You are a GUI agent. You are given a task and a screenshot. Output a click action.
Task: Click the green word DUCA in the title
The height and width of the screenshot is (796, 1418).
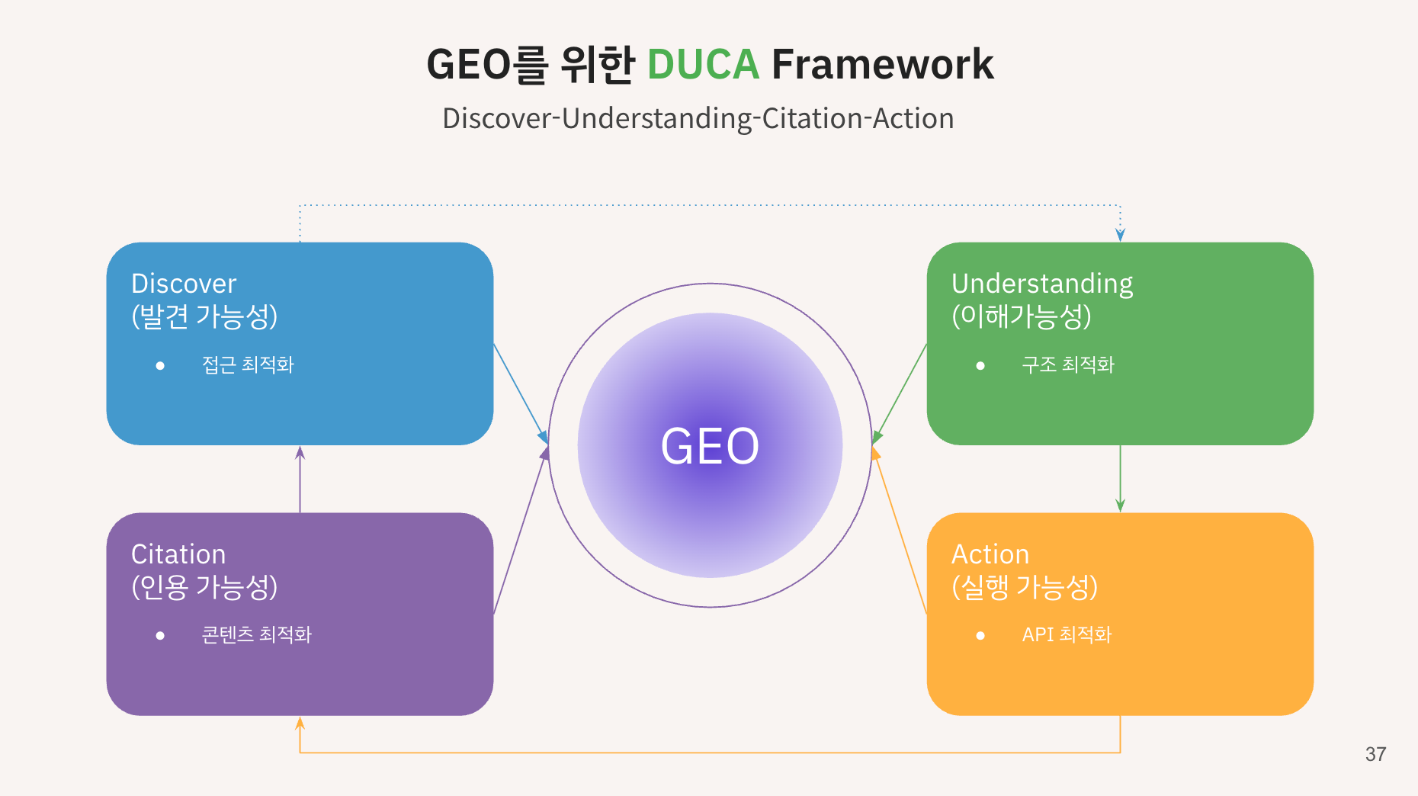coord(703,64)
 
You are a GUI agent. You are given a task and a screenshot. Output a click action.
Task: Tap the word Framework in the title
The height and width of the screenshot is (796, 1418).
coord(883,64)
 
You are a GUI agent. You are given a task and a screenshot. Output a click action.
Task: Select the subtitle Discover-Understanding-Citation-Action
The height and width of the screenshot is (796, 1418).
coord(698,119)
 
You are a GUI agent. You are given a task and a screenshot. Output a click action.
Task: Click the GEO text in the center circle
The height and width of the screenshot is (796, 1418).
coord(710,446)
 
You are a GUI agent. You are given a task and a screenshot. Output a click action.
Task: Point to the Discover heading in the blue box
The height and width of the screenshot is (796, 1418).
coord(184,284)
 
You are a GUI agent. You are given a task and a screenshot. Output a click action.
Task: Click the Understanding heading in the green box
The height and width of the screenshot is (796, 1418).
coord(1042,284)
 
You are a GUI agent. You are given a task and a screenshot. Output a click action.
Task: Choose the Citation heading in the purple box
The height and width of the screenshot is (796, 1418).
coord(178,554)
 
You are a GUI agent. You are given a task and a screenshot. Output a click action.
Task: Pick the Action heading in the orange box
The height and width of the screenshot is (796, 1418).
coord(990,554)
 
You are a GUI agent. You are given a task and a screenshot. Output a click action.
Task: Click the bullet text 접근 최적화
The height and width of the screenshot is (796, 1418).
coord(248,365)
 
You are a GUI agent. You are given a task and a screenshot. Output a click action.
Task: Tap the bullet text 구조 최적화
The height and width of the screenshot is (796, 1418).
coord(1068,365)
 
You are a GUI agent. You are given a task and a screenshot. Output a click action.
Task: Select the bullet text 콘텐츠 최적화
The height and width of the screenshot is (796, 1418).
coord(257,635)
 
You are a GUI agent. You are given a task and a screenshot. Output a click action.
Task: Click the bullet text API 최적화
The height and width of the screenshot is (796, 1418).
coord(1067,635)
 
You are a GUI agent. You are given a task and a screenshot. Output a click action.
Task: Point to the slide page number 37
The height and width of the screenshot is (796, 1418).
coord(1376,754)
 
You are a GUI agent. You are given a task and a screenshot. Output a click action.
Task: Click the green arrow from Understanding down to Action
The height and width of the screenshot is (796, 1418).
coord(1120,479)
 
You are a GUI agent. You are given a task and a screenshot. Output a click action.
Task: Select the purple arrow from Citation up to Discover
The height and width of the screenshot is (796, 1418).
coord(300,479)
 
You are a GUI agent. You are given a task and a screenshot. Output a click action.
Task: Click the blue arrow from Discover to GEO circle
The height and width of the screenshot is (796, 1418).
coord(521,393)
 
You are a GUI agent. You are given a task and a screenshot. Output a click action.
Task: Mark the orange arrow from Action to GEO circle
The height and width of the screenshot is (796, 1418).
coord(900,531)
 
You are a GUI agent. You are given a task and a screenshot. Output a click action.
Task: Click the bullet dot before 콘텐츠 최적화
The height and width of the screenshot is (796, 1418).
coord(160,636)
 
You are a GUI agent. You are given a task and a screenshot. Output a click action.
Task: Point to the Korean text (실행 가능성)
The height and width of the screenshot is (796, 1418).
coord(1025,587)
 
